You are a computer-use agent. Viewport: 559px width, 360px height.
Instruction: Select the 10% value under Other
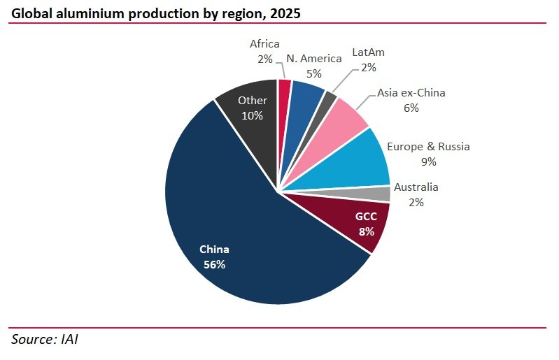[x=253, y=115]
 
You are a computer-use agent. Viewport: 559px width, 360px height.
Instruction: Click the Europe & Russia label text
[x=428, y=147]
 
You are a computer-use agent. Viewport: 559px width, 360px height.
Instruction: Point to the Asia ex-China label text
[x=411, y=92]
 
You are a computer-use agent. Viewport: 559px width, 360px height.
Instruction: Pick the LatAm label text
[x=369, y=52]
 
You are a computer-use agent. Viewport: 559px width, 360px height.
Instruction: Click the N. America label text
[x=313, y=58]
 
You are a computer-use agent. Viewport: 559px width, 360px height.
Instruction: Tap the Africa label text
[x=264, y=45]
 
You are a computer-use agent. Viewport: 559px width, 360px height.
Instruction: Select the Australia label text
[x=416, y=187]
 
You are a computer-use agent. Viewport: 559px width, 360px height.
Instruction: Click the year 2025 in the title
[x=286, y=13]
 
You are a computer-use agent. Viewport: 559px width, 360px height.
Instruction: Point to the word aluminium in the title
[x=82, y=13]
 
